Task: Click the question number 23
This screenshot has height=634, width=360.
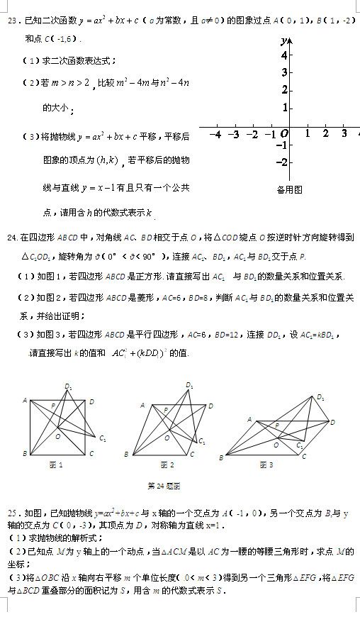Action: tap(10, 21)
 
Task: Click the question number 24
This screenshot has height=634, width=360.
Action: tap(11, 236)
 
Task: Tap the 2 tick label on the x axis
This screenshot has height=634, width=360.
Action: tap(325, 133)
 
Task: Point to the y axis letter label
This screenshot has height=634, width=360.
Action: tap(283, 40)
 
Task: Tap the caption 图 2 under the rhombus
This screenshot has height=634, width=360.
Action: tap(167, 465)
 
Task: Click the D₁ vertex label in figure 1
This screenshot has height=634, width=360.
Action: tap(69, 386)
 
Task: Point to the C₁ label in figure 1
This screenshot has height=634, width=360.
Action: tap(103, 438)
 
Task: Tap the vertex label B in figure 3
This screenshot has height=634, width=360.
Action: tap(220, 459)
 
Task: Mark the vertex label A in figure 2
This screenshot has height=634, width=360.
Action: tap(142, 405)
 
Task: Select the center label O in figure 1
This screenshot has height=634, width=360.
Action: tap(57, 435)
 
